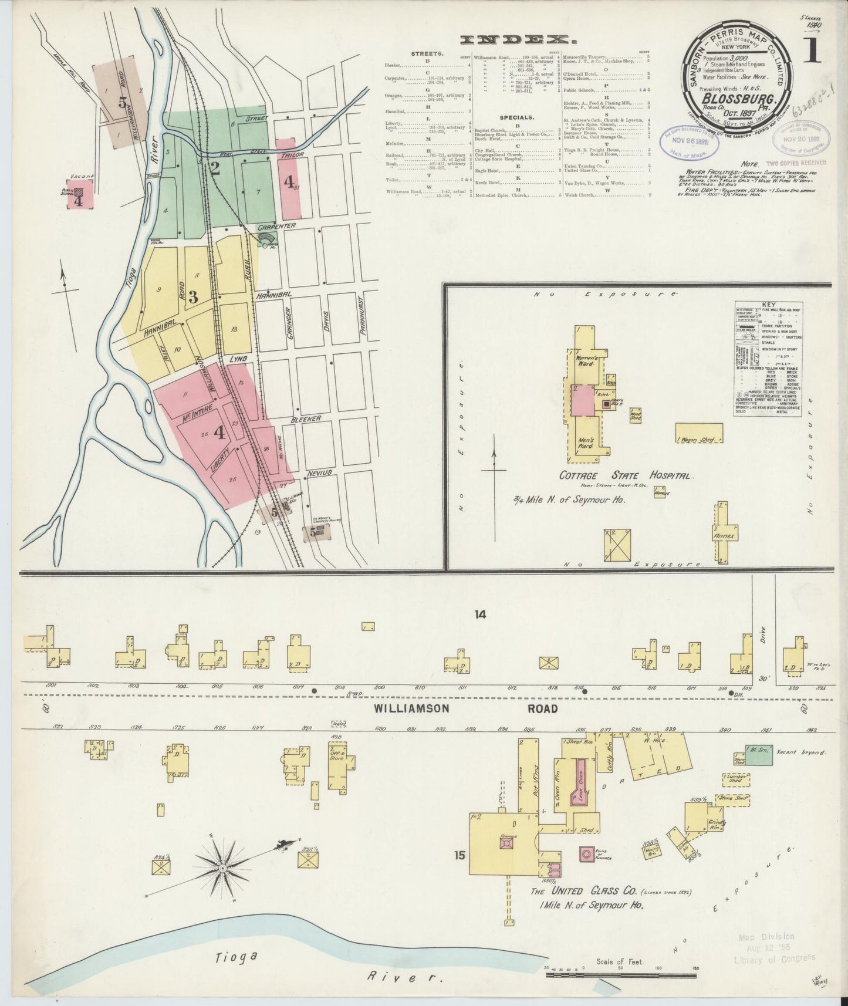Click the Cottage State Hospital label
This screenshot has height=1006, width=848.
coord(626,475)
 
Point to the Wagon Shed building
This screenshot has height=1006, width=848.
coord(699,433)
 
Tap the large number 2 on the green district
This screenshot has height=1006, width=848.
coord(215,169)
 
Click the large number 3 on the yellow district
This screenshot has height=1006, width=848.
coord(192,296)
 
